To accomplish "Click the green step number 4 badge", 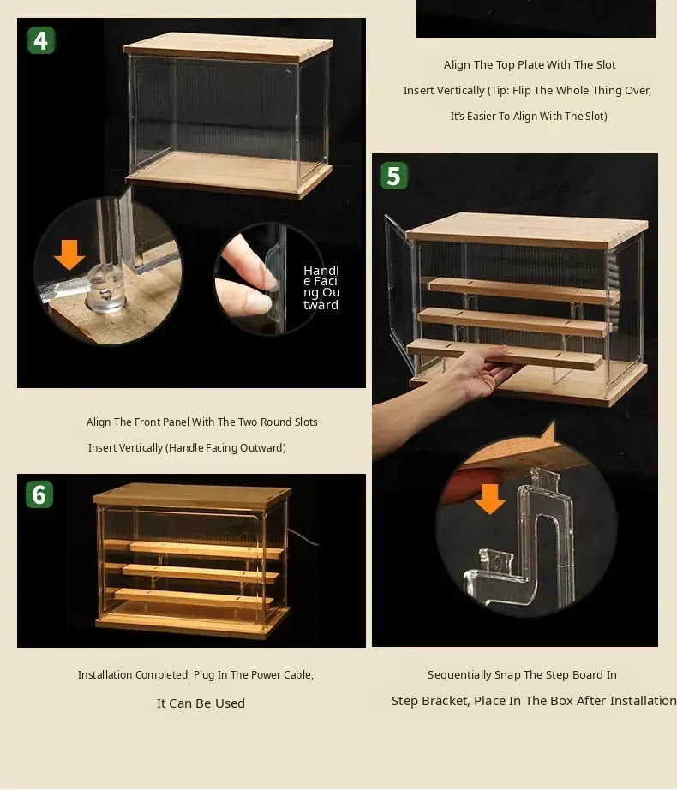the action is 41,40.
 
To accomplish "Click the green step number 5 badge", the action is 394,176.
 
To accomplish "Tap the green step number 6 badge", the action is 39,494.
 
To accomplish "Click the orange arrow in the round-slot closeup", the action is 69,254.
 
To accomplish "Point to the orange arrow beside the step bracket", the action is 489,499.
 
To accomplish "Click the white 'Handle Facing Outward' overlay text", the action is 321,288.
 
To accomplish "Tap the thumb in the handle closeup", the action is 245,302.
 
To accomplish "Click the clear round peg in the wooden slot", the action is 105,290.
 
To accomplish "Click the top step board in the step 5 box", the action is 524,291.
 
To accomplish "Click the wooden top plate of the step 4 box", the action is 228,47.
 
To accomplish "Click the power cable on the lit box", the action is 303,536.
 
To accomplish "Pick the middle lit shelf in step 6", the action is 201,573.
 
